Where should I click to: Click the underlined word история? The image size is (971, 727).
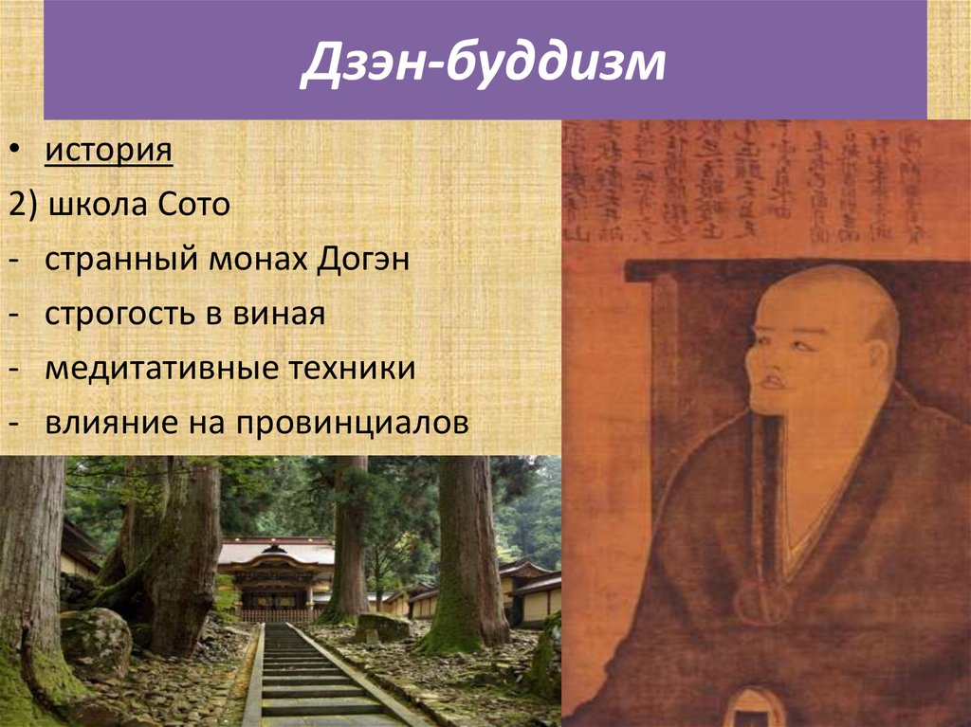tap(108, 151)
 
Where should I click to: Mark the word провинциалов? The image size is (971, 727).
tap(346, 424)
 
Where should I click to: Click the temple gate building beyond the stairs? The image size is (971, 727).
tap(275, 578)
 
